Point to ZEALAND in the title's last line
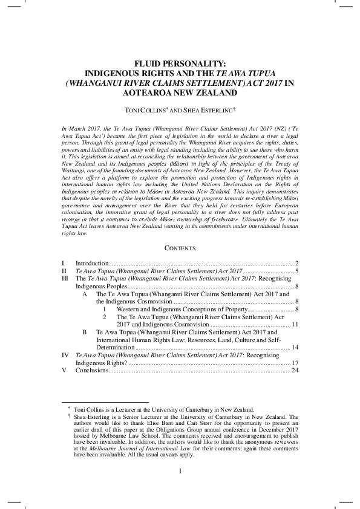215,94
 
